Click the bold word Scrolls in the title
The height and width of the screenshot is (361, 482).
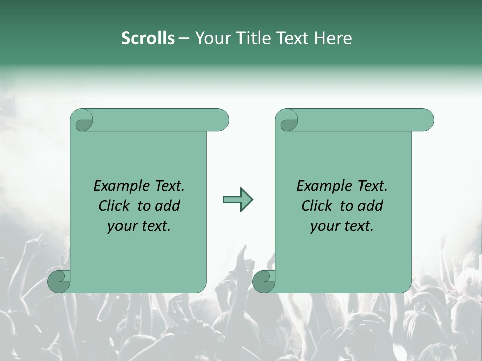click(148, 38)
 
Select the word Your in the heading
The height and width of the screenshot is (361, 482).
click(211, 38)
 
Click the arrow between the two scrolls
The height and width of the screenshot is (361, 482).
click(237, 200)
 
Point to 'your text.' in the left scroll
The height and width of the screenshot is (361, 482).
click(139, 226)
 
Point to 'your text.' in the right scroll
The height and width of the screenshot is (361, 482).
click(342, 226)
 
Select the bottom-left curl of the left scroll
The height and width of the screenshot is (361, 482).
click(58, 281)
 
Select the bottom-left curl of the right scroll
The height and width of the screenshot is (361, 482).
click(263, 281)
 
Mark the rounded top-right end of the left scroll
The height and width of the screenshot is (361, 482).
click(221, 120)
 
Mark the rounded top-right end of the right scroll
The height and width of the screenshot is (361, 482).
click(426, 120)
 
